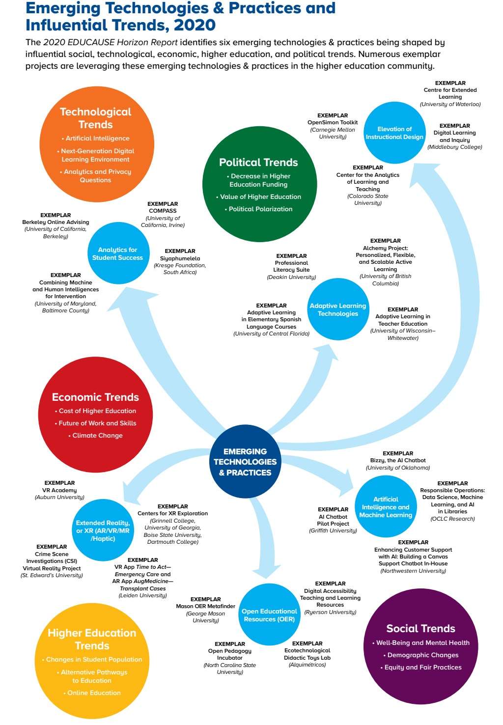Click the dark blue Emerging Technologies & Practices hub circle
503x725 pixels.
245,462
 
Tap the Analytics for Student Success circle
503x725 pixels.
118,253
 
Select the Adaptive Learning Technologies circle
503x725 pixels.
338,309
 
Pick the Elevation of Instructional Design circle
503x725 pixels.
394,133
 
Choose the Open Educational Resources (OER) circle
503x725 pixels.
269,615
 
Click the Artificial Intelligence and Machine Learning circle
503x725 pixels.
386,507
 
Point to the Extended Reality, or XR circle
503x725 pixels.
103,530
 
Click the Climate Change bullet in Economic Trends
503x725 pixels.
97,435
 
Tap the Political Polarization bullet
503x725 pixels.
260,209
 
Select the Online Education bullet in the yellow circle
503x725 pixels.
94,693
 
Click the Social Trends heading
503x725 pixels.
421,628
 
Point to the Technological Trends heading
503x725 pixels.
96,118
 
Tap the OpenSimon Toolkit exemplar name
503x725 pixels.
333,122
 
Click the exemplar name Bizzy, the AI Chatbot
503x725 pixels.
398,460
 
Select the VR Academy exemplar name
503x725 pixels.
59,490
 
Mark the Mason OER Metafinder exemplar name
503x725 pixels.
206,606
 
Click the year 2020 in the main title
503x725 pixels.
195,25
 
